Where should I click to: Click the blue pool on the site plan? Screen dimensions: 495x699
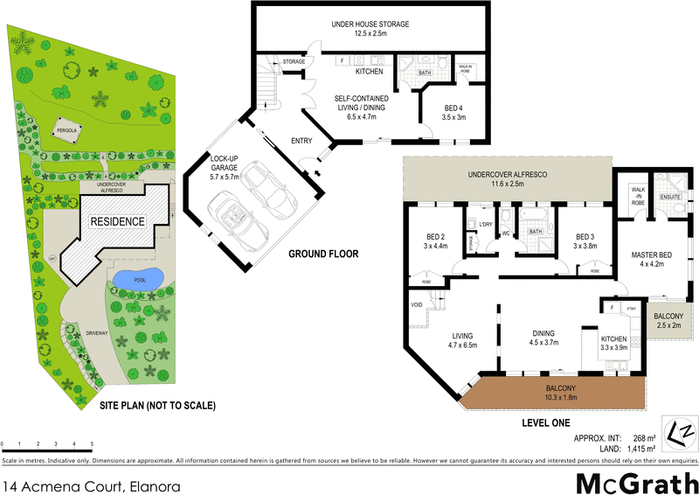[138, 279]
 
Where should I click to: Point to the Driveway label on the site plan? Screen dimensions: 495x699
[98, 333]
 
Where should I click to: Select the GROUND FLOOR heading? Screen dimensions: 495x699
[323, 254]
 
